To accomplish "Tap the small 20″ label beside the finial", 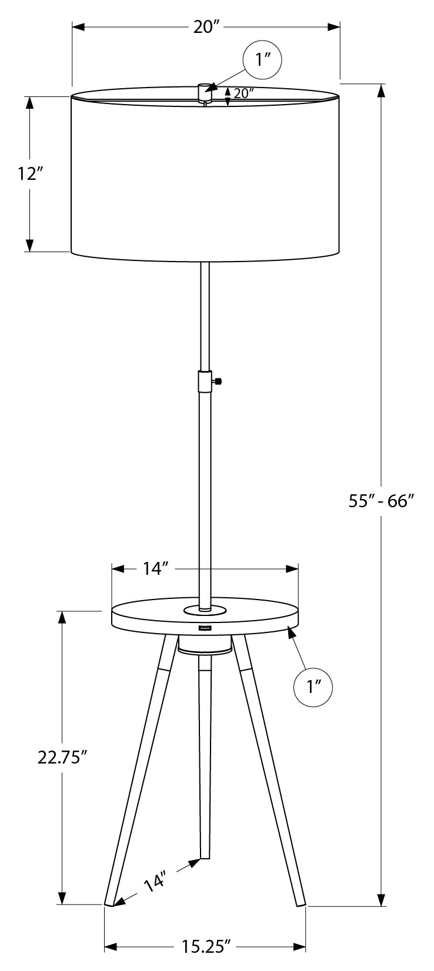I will tap(243, 93).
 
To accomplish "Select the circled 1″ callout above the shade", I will tap(262, 60).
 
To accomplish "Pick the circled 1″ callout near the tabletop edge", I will tap(312, 687).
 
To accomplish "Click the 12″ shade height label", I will tap(31, 174).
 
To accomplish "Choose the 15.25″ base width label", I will tap(205, 946).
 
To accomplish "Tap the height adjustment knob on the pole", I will tap(218, 381).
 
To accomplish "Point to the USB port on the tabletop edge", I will tap(205, 628).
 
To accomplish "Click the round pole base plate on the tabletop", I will tap(204, 610).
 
